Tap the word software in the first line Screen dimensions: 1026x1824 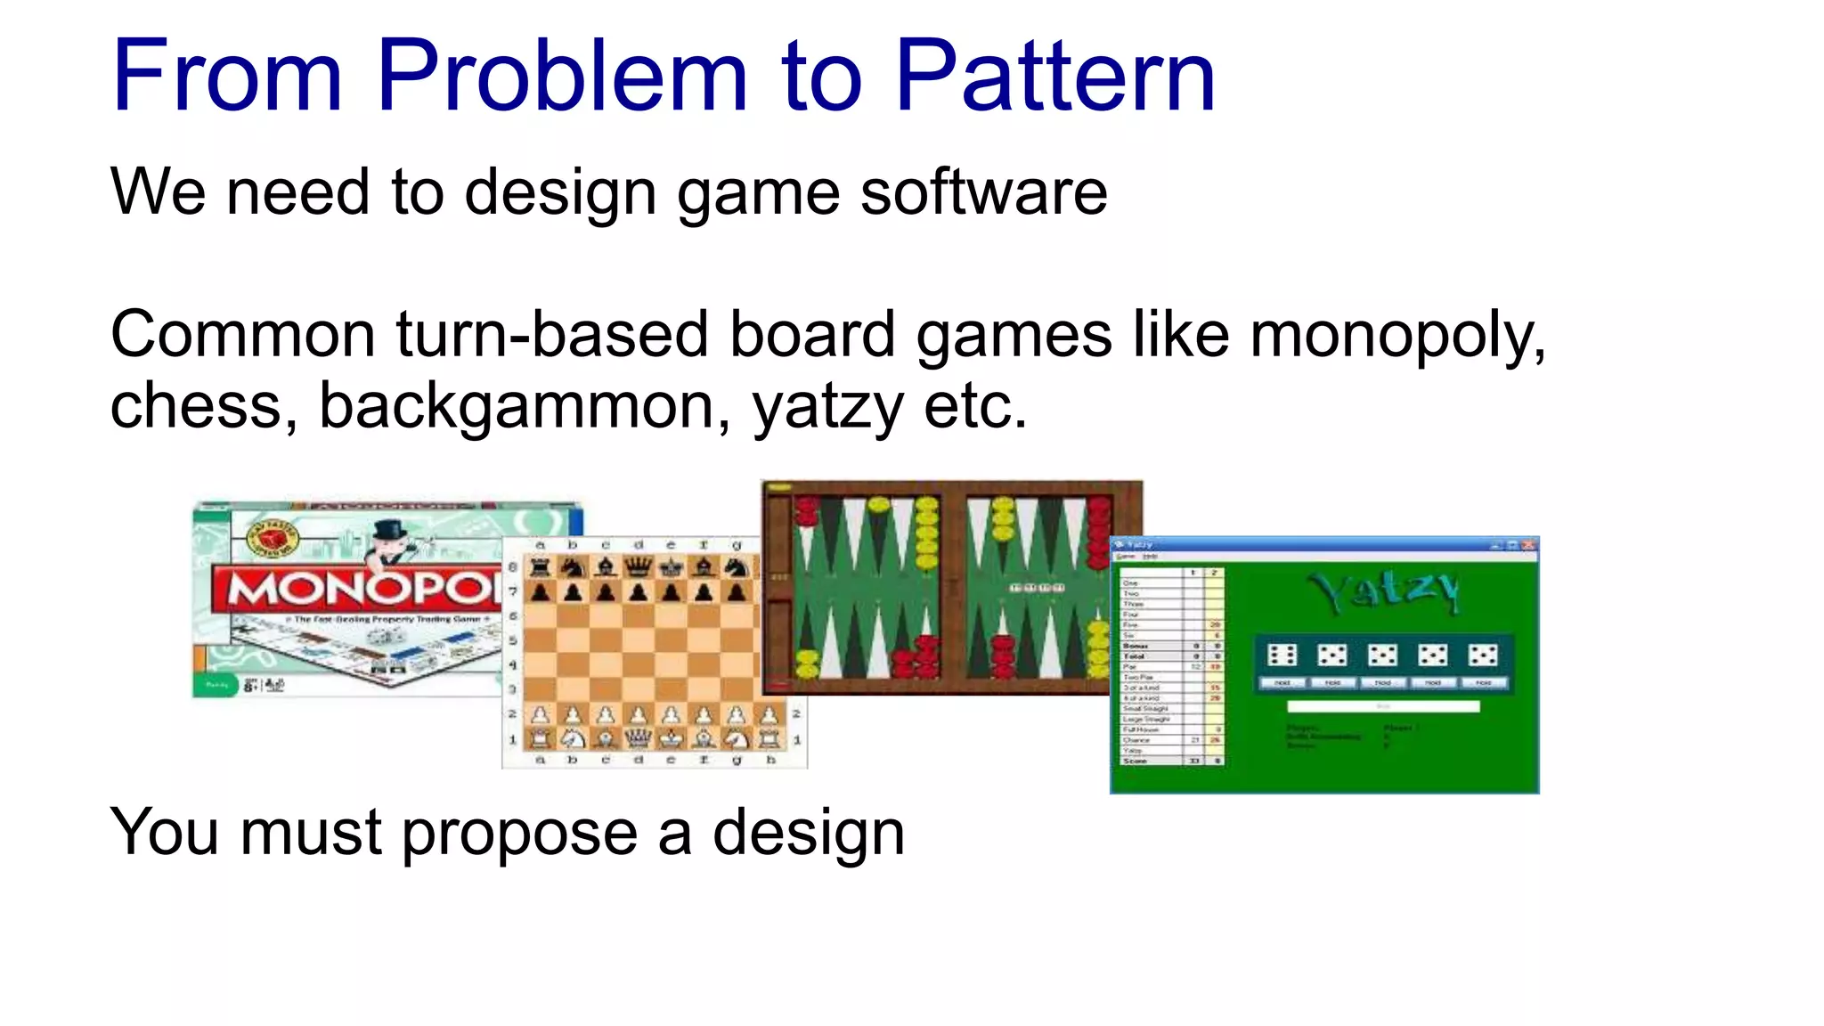pyautogui.click(x=983, y=192)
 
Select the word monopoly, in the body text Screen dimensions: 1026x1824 pyautogui.click(x=1397, y=337)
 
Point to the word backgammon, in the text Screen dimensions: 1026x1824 pyautogui.click(x=525, y=407)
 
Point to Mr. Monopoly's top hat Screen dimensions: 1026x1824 pyautogui.click(x=389, y=532)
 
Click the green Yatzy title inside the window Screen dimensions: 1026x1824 pyautogui.click(x=1383, y=592)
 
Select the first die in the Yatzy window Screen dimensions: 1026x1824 pyautogui.click(x=1282, y=655)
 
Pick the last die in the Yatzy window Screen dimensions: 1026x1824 pyautogui.click(x=1483, y=655)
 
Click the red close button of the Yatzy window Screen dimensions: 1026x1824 pyautogui.click(x=1528, y=545)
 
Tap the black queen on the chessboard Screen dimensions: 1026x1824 pyautogui.click(x=639, y=566)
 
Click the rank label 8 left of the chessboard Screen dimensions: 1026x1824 pyautogui.click(x=513, y=566)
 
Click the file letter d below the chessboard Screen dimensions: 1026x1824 pyautogui.click(x=638, y=761)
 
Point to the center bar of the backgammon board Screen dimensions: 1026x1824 pyautogui.click(x=952, y=588)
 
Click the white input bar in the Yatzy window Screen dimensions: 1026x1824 pyautogui.click(x=1383, y=706)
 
